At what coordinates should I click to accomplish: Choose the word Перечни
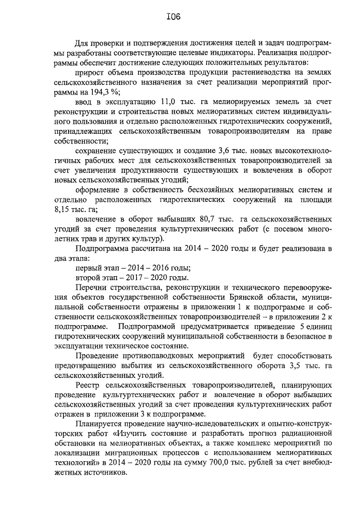click(89, 286)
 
